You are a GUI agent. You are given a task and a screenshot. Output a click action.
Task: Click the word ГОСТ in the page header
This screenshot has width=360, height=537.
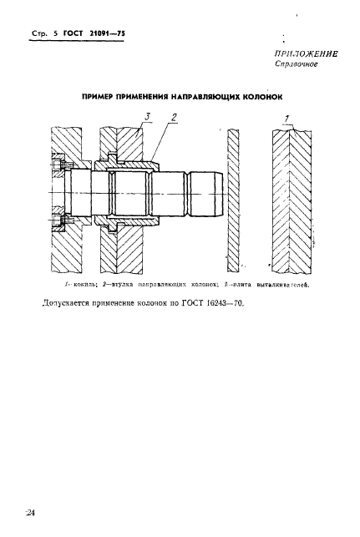point(74,33)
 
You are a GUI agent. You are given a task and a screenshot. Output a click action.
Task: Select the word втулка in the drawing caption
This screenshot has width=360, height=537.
point(124,285)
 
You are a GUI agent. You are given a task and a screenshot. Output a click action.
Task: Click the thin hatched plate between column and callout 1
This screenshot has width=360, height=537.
point(235,200)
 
